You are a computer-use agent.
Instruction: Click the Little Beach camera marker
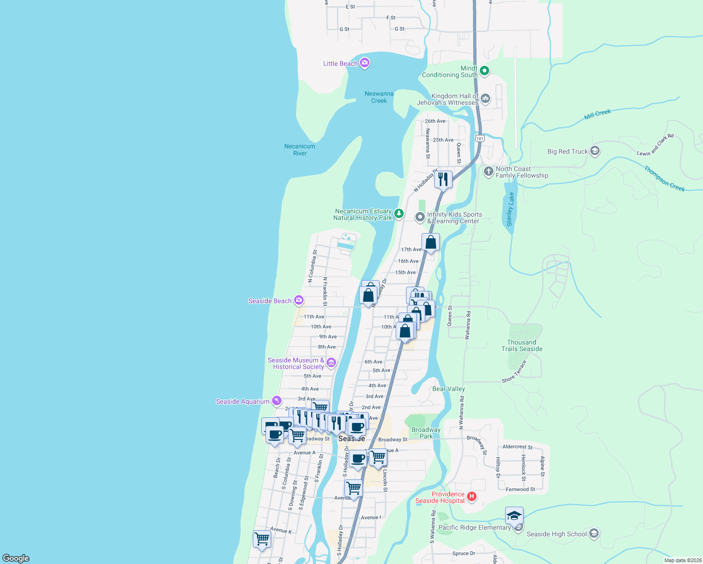tap(364, 63)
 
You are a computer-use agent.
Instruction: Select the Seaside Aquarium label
tap(242, 401)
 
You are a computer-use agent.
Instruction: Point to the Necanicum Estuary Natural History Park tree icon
tap(398, 214)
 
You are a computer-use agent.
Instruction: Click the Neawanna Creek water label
tap(379, 97)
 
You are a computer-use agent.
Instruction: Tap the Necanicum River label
tap(300, 149)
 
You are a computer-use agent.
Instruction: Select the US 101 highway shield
tap(479, 138)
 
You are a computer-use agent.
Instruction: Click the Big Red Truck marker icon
tap(594, 151)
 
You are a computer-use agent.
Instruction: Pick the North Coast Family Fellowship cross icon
tap(488, 171)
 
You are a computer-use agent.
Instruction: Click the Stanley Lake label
tap(510, 209)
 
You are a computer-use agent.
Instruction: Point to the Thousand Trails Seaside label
tap(522, 345)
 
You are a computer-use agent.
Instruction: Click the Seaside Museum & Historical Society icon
tap(331, 362)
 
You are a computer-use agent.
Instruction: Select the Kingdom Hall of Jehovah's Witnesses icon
tap(485, 99)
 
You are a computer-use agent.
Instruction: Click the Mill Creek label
tap(597, 114)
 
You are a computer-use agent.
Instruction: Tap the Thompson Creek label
tap(664, 179)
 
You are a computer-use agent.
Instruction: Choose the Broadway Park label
tap(426, 433)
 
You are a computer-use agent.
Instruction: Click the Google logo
tap(16, 558)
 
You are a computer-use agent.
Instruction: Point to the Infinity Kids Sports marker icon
tap(420, 217)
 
